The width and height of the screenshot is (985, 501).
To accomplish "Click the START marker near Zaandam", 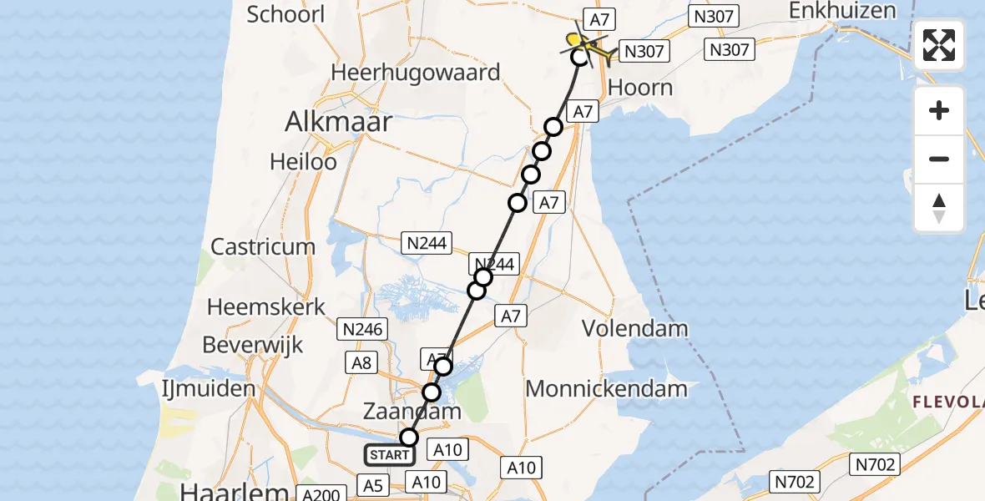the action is pos(389,455).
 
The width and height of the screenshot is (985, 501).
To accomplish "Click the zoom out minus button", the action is pos(939,159).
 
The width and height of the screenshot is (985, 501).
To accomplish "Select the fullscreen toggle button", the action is pos(939,45).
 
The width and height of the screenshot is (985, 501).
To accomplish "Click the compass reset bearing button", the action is pos(939,208).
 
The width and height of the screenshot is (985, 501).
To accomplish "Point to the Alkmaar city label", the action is pos(338,122).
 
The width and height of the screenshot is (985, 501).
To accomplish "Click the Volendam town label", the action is pos(635,328).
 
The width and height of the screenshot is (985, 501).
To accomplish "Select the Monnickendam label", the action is pos(607,388).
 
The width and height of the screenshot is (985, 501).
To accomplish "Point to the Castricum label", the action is pos(263,246).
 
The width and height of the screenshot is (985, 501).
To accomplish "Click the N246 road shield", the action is pos(363,329).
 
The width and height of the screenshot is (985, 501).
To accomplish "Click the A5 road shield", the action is pos(372,484).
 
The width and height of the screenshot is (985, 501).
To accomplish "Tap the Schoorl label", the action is pos(285,14).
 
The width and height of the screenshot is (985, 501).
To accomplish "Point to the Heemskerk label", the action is pos(266,306).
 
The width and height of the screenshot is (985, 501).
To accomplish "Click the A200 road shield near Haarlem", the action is pos(321,494).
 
